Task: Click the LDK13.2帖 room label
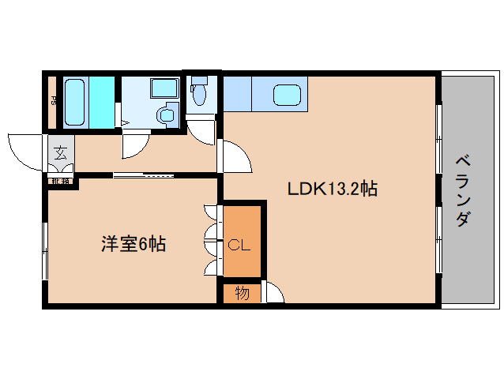click(332, 189)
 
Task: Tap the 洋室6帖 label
click(133, 245)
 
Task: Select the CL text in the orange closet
click(239, 246)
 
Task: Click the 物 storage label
click(242, 293)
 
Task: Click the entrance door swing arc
click(24, 152)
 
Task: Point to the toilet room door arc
click(202, 130)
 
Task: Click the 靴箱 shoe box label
click(60, 182)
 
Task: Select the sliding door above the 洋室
click(142, 174)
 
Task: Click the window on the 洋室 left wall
click(45, 250)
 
